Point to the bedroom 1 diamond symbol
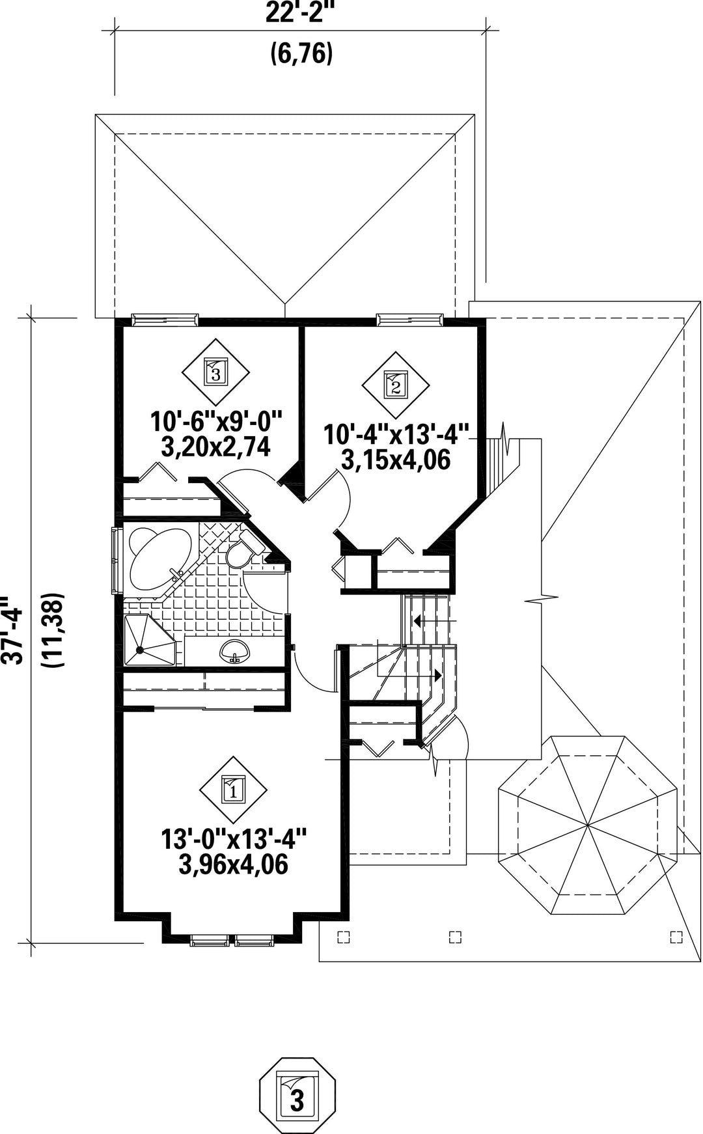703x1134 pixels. click(232, 790)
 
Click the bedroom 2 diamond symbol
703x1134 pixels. click(395, 385)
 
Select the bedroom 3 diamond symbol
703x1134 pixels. click(215, 372)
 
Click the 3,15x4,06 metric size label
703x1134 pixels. click(396, 460)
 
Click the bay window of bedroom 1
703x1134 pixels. click(232, 939)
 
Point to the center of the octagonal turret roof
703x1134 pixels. click(587, 825)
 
